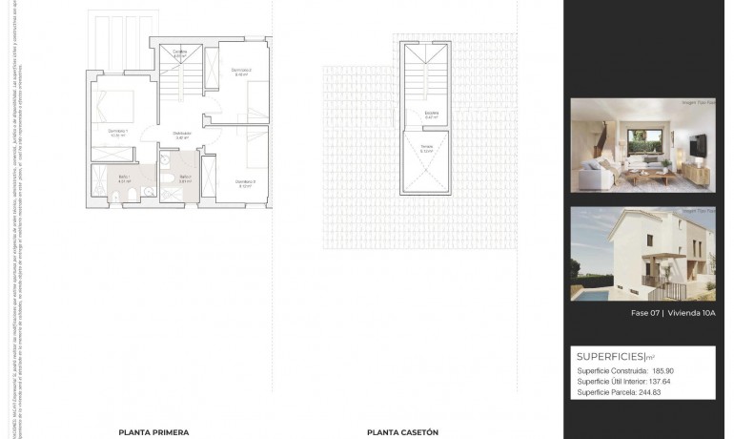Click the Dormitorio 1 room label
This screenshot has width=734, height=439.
117,133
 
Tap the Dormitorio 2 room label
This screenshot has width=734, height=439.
241,71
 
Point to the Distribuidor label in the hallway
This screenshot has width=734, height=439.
181,135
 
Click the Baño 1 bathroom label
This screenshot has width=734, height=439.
123,178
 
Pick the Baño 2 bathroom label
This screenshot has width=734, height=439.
183,178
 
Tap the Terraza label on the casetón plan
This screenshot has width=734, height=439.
426,148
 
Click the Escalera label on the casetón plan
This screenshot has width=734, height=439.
432,115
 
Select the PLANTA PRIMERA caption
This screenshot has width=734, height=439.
153,432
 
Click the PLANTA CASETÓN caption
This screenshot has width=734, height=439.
403,432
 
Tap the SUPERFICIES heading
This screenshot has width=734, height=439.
610,356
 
